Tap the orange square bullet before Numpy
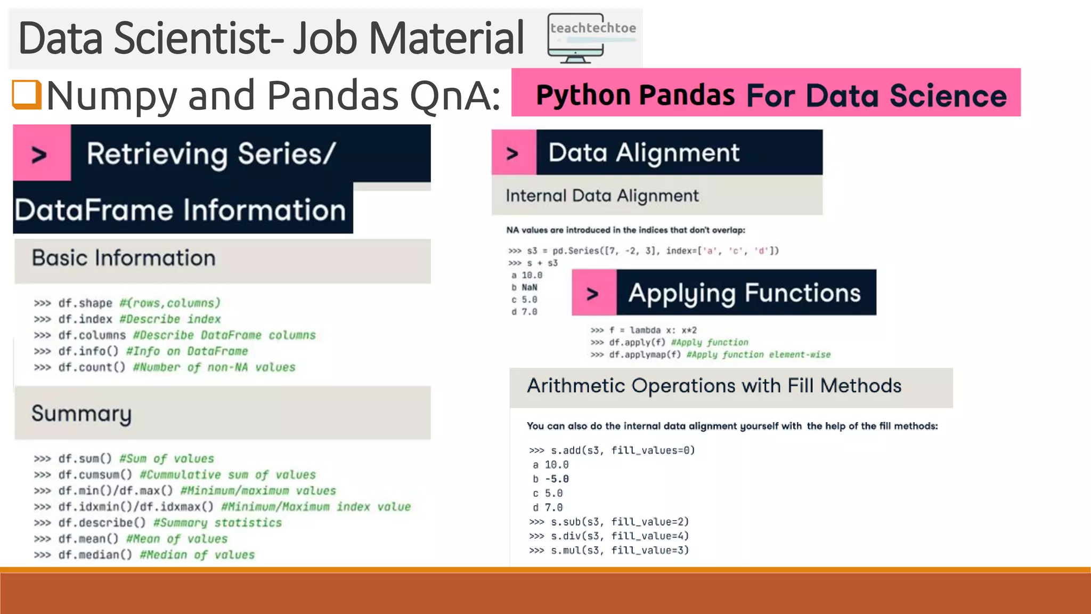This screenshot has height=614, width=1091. click(27, 94)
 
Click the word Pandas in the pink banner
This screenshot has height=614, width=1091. click(687, 95)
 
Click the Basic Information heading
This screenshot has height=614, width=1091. click(124, 258)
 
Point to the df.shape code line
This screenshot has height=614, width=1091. click(127, 303)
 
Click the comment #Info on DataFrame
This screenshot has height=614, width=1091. click(187, 351)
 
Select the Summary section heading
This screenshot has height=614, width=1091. click(82, 414)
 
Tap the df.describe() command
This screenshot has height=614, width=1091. click(102, 523)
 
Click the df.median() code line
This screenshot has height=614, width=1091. click(144, 555)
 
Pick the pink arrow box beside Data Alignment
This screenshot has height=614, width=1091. click(513, 153)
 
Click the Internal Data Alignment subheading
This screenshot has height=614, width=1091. click(602, 196)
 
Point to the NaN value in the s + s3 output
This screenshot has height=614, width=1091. click(529, 287)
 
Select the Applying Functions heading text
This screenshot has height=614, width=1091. click(744, 293)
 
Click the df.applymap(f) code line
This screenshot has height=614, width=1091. click(710, 354)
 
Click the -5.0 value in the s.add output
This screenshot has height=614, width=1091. click(557, 479)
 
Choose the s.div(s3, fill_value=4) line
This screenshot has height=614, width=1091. click(609, 536)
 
